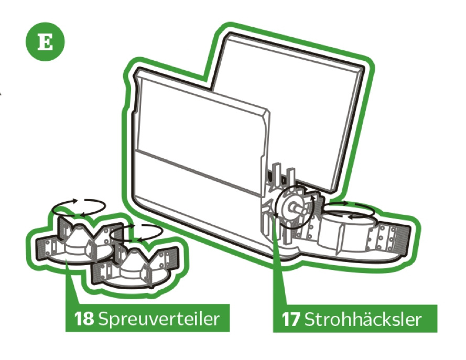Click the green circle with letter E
(x=45, y=41)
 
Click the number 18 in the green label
(x=84, y=319)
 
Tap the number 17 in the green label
(x=291, y=319)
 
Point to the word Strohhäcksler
(x=363, y=319)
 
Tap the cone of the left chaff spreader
(x=78, y=237)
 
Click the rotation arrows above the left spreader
(x=79, y=206)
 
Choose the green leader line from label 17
(x=279, y=264)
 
